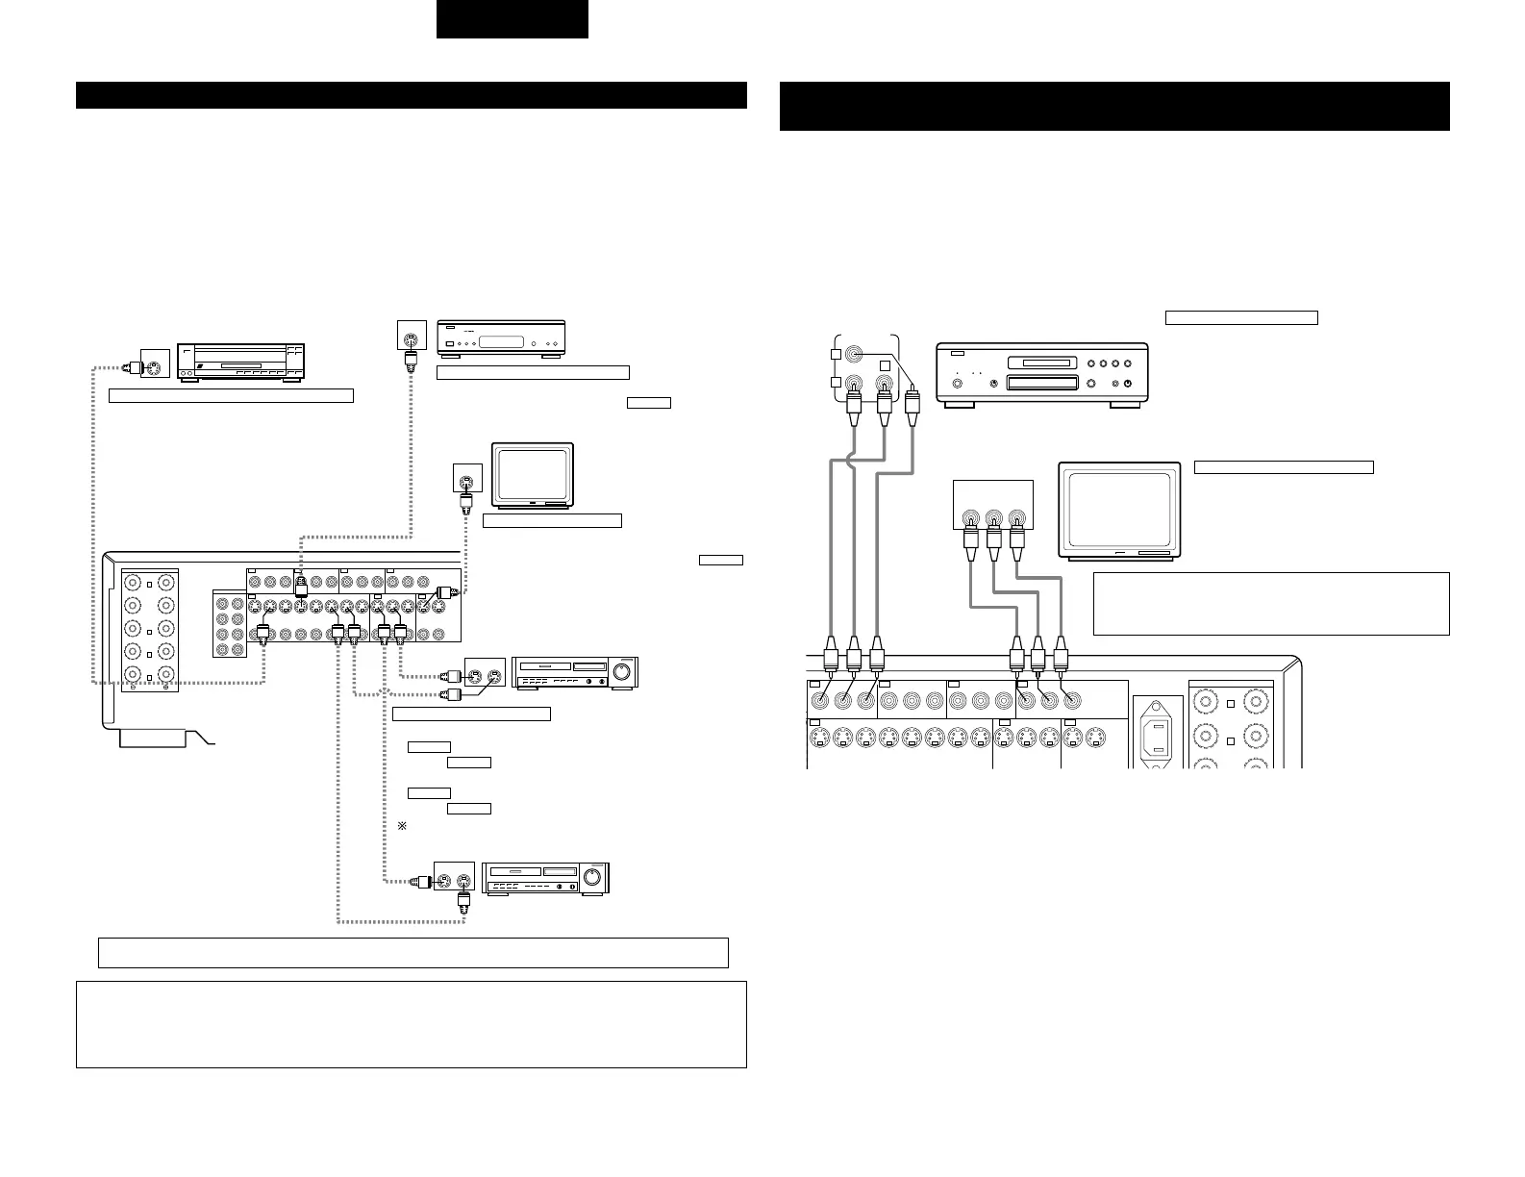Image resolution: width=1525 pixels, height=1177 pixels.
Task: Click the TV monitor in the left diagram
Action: point(533,474)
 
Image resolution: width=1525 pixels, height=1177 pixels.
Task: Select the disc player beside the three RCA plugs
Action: point(1042,375)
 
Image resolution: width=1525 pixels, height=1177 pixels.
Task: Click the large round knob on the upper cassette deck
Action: point(625,672)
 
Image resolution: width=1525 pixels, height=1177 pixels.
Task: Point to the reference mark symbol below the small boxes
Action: point(402,827)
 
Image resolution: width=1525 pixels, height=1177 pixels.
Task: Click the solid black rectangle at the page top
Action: point(512,19)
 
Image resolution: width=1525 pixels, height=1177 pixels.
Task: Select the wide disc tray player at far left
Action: point(240,362)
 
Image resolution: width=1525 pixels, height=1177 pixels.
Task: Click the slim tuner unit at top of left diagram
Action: point(500,339)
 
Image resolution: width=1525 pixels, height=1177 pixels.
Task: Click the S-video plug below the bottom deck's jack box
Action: point(464,902)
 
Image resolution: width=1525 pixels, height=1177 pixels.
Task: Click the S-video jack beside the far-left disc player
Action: point(155,365)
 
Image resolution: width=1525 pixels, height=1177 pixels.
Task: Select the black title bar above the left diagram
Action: point(412,96)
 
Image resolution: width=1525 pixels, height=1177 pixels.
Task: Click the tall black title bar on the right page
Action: point(1114,106)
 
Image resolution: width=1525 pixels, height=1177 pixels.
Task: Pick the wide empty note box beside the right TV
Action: point(1271,604)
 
